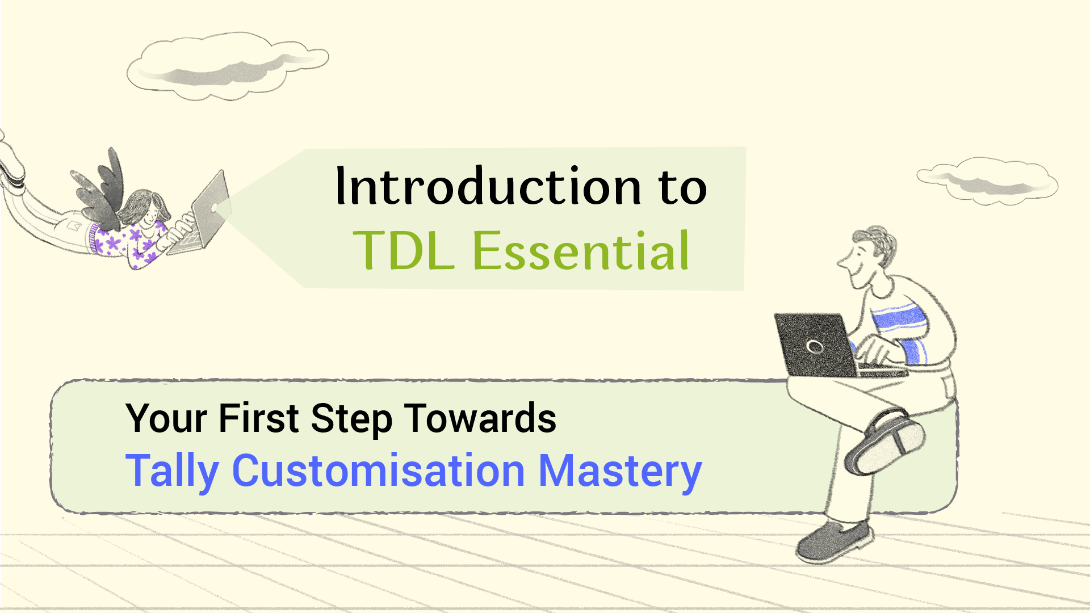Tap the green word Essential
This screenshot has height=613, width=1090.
[x=580, y=251]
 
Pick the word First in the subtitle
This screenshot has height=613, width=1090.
[x=258, y=419]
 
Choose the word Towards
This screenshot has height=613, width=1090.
[x=480, y=419]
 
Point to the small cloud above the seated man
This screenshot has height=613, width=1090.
[x=988, y=180]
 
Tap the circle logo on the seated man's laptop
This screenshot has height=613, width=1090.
[x=815, y=347]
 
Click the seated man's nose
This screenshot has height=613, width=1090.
[x=843, y=263]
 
